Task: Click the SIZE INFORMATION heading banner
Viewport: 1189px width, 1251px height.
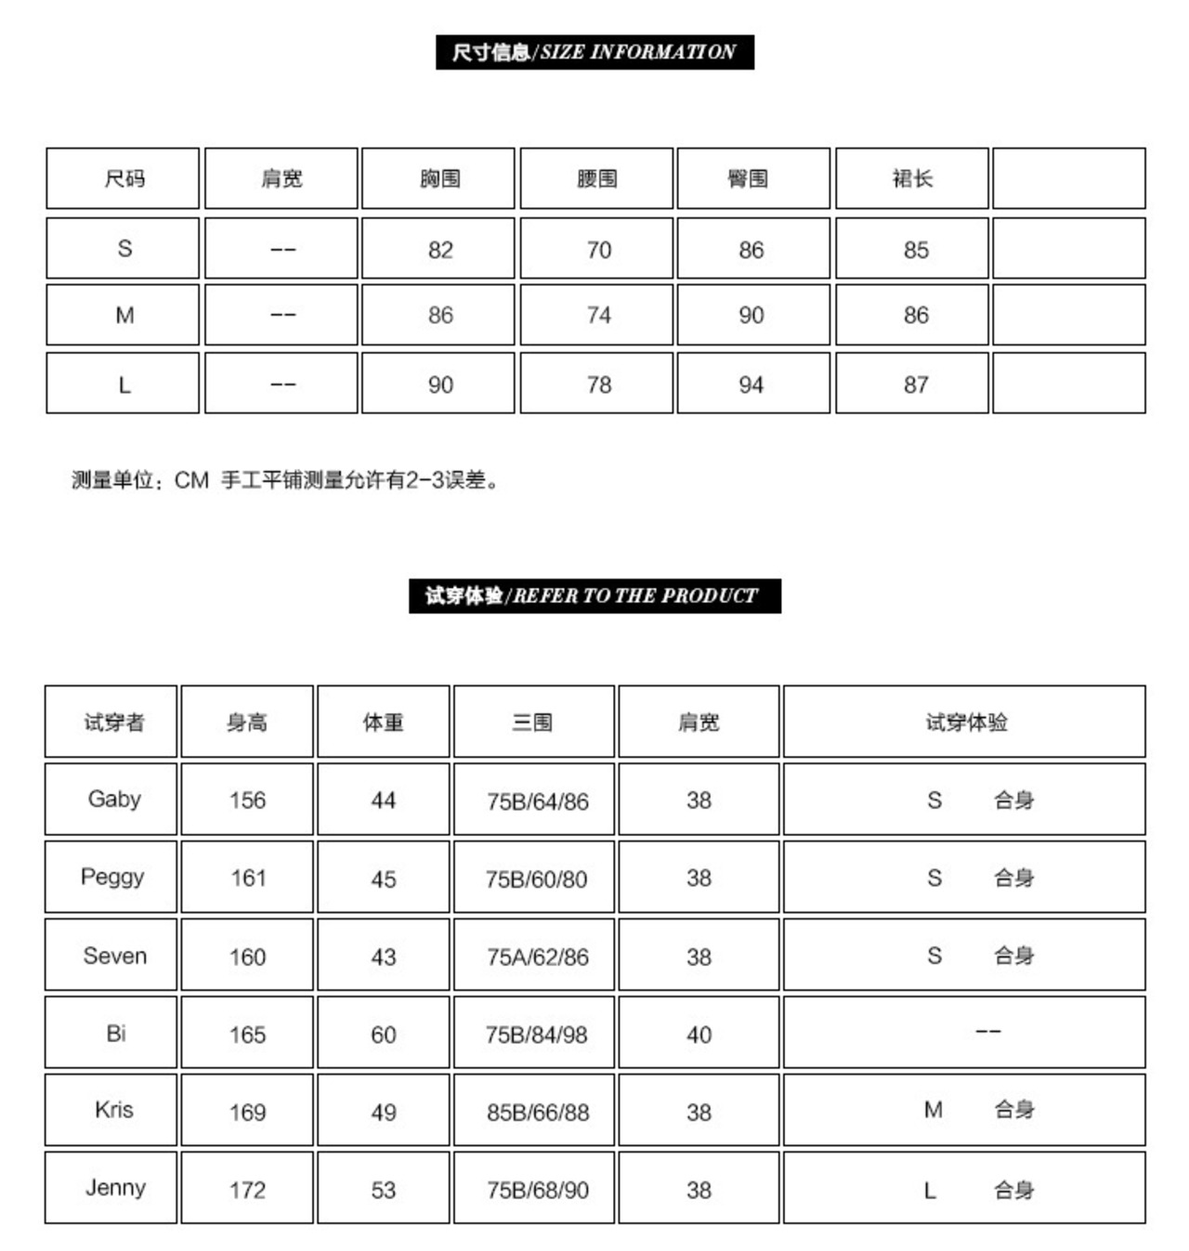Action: [594, 52]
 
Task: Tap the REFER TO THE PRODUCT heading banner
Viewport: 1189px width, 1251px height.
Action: [594, 595]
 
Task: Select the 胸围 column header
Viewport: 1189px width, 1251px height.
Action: [439, 178]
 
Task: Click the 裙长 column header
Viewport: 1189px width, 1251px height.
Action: [911, 178]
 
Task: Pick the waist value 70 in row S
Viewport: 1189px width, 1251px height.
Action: [598, 250]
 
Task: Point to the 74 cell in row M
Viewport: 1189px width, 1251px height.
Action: [598, 316]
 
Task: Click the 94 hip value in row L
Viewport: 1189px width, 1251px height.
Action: [751, 384]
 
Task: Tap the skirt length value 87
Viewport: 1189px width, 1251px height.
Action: [916, 384]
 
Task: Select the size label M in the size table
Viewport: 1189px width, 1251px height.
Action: [124, 316]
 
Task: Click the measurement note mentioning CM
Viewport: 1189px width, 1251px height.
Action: [286, 480]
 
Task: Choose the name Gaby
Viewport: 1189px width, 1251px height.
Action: [113, 799]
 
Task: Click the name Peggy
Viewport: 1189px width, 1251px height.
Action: [112, 877]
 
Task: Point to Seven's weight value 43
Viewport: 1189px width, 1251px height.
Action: [384, 957]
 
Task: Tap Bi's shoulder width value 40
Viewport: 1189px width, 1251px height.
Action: [699, 1035]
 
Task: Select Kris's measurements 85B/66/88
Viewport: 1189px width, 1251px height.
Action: [537, 1112]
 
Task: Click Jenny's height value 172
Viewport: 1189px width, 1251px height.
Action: [247, 1190]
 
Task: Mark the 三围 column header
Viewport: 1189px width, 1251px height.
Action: [532, 722]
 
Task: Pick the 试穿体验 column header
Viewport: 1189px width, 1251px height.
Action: [966, 722]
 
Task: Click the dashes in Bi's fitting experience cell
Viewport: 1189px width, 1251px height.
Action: [987, 1032]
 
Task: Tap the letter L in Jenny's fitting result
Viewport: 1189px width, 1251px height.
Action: [930, 1190]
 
